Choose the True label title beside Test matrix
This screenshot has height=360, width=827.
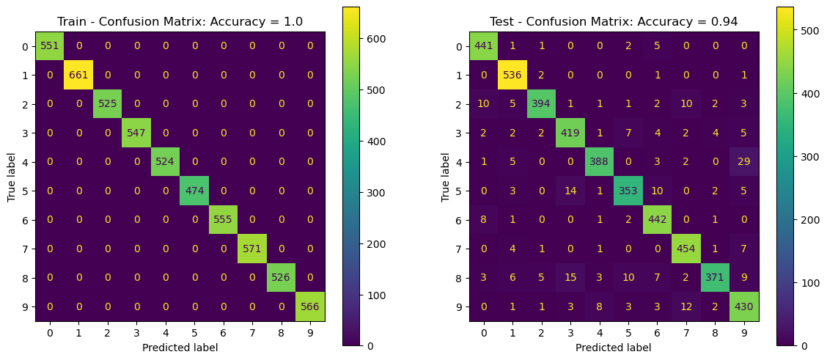coord(445,177)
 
